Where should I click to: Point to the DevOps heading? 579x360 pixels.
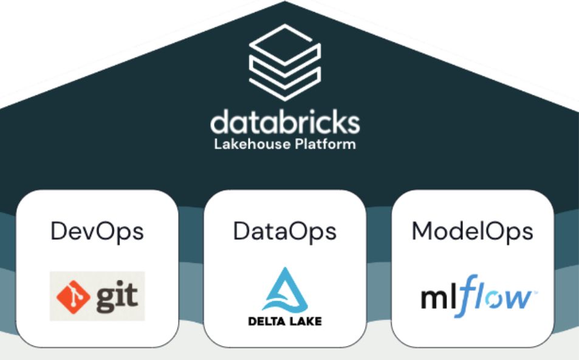click(x=97, y=231)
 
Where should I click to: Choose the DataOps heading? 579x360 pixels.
click(x=284, y=231)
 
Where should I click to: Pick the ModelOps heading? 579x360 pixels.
click(x=472, y=231)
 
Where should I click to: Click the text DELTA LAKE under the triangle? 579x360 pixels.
click(x=284, y=321)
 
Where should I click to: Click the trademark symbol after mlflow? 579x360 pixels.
click(x=534, y=293)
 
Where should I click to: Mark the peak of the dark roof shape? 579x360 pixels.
click(x=284, y=2)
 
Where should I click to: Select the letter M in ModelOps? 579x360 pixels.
click(x=422, y=231)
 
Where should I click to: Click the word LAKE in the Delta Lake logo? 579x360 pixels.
click(x=305, y=321)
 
